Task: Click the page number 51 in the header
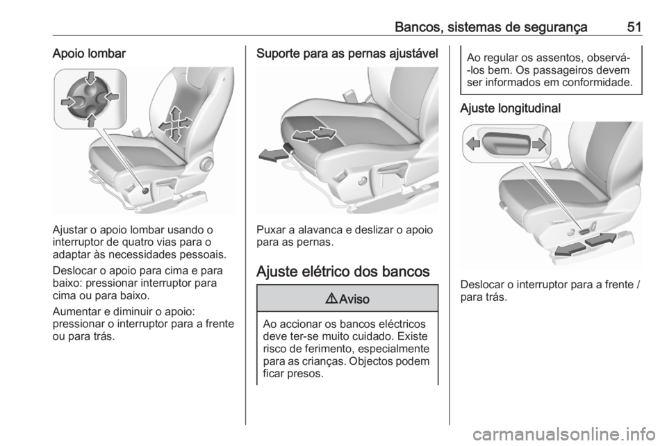pos(634,26)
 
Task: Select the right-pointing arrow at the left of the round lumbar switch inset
pos(68,101)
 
